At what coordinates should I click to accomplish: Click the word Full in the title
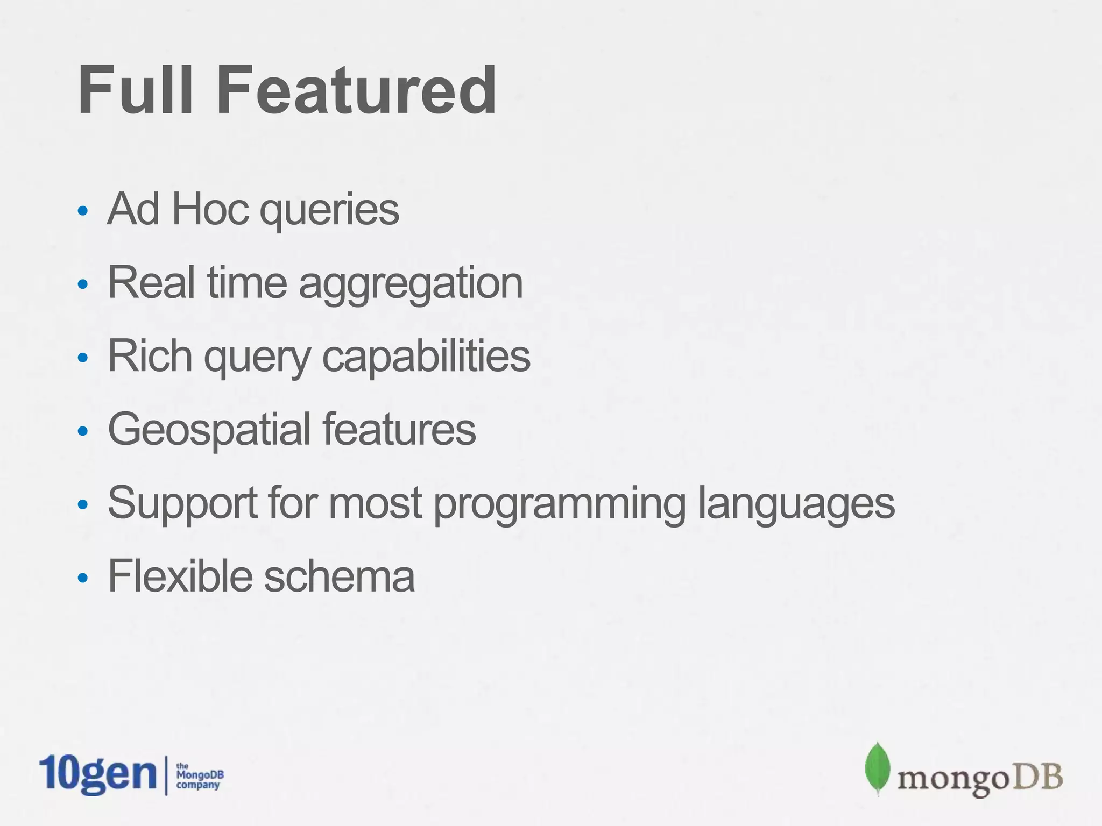135,90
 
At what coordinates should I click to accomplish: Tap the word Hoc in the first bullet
210,209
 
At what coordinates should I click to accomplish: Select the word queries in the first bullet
329,211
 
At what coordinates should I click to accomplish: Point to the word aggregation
411,284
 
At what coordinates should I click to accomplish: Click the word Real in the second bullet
151,282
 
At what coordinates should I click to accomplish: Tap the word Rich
150,355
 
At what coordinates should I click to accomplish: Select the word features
399,429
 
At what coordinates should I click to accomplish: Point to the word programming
560,504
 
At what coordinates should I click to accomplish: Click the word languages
796,504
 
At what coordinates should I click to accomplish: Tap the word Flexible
180,576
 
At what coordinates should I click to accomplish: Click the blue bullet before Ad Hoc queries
82,211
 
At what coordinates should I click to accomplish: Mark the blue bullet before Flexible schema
82,578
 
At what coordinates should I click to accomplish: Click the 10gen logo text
98,774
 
